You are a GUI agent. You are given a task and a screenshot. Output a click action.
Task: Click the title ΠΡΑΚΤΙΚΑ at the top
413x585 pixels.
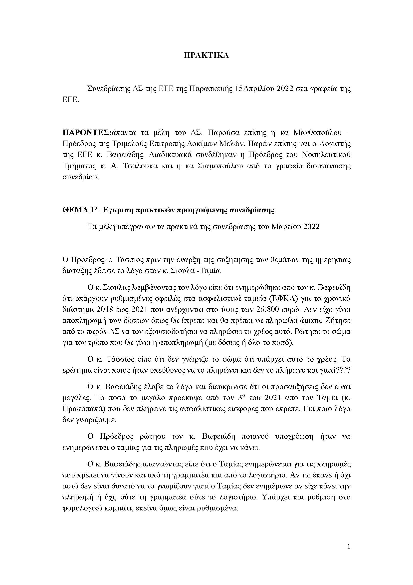[206, 56]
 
